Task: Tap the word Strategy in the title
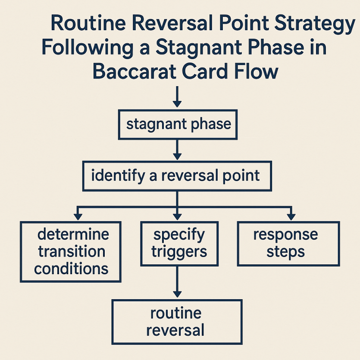(x=315, y=24)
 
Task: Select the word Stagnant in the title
(x=199, y=48)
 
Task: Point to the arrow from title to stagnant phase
(x=177, y=97)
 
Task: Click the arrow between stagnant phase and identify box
(x=177, y=150)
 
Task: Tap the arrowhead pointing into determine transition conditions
(x=78, y=217)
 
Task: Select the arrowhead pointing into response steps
(x=291, y=217)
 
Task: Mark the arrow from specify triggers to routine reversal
(x=177, y=282)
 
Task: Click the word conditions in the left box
(x=71, y=269)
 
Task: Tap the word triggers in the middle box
(x=179, y=252)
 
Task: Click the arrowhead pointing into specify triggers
(x=177, y=217)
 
